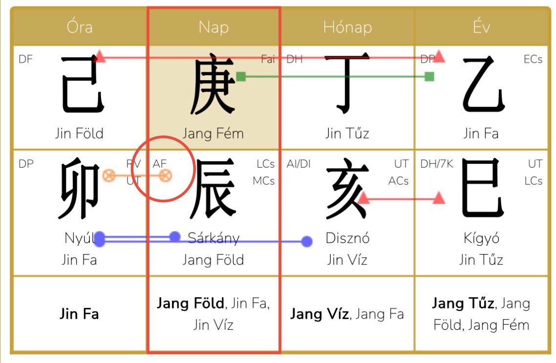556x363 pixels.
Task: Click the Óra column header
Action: coord(80,27)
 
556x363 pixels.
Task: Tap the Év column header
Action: coord(481,26)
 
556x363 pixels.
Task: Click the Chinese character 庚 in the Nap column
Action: coord(213,84)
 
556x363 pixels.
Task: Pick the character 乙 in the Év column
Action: coord(483,84)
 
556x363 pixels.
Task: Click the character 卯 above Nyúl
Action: coord(79,188)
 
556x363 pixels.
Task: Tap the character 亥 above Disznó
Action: coord(347,188)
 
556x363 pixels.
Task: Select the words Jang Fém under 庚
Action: coord(213,134)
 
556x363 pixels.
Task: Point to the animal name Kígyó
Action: coord(482,238)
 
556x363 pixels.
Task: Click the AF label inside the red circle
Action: coord(160,164)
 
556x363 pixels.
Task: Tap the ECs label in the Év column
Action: coord(533,59)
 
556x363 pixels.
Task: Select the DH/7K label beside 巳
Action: coord(437,164)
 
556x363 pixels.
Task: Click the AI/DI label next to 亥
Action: coord(299,164)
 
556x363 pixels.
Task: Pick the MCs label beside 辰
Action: coord(264,181)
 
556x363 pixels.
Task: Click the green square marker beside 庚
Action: coord(241,76)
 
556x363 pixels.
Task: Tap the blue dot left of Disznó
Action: coord(307,241)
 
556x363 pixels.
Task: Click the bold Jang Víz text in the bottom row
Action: coord(319,314)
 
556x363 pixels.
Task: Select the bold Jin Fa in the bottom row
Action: coord(79,314)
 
